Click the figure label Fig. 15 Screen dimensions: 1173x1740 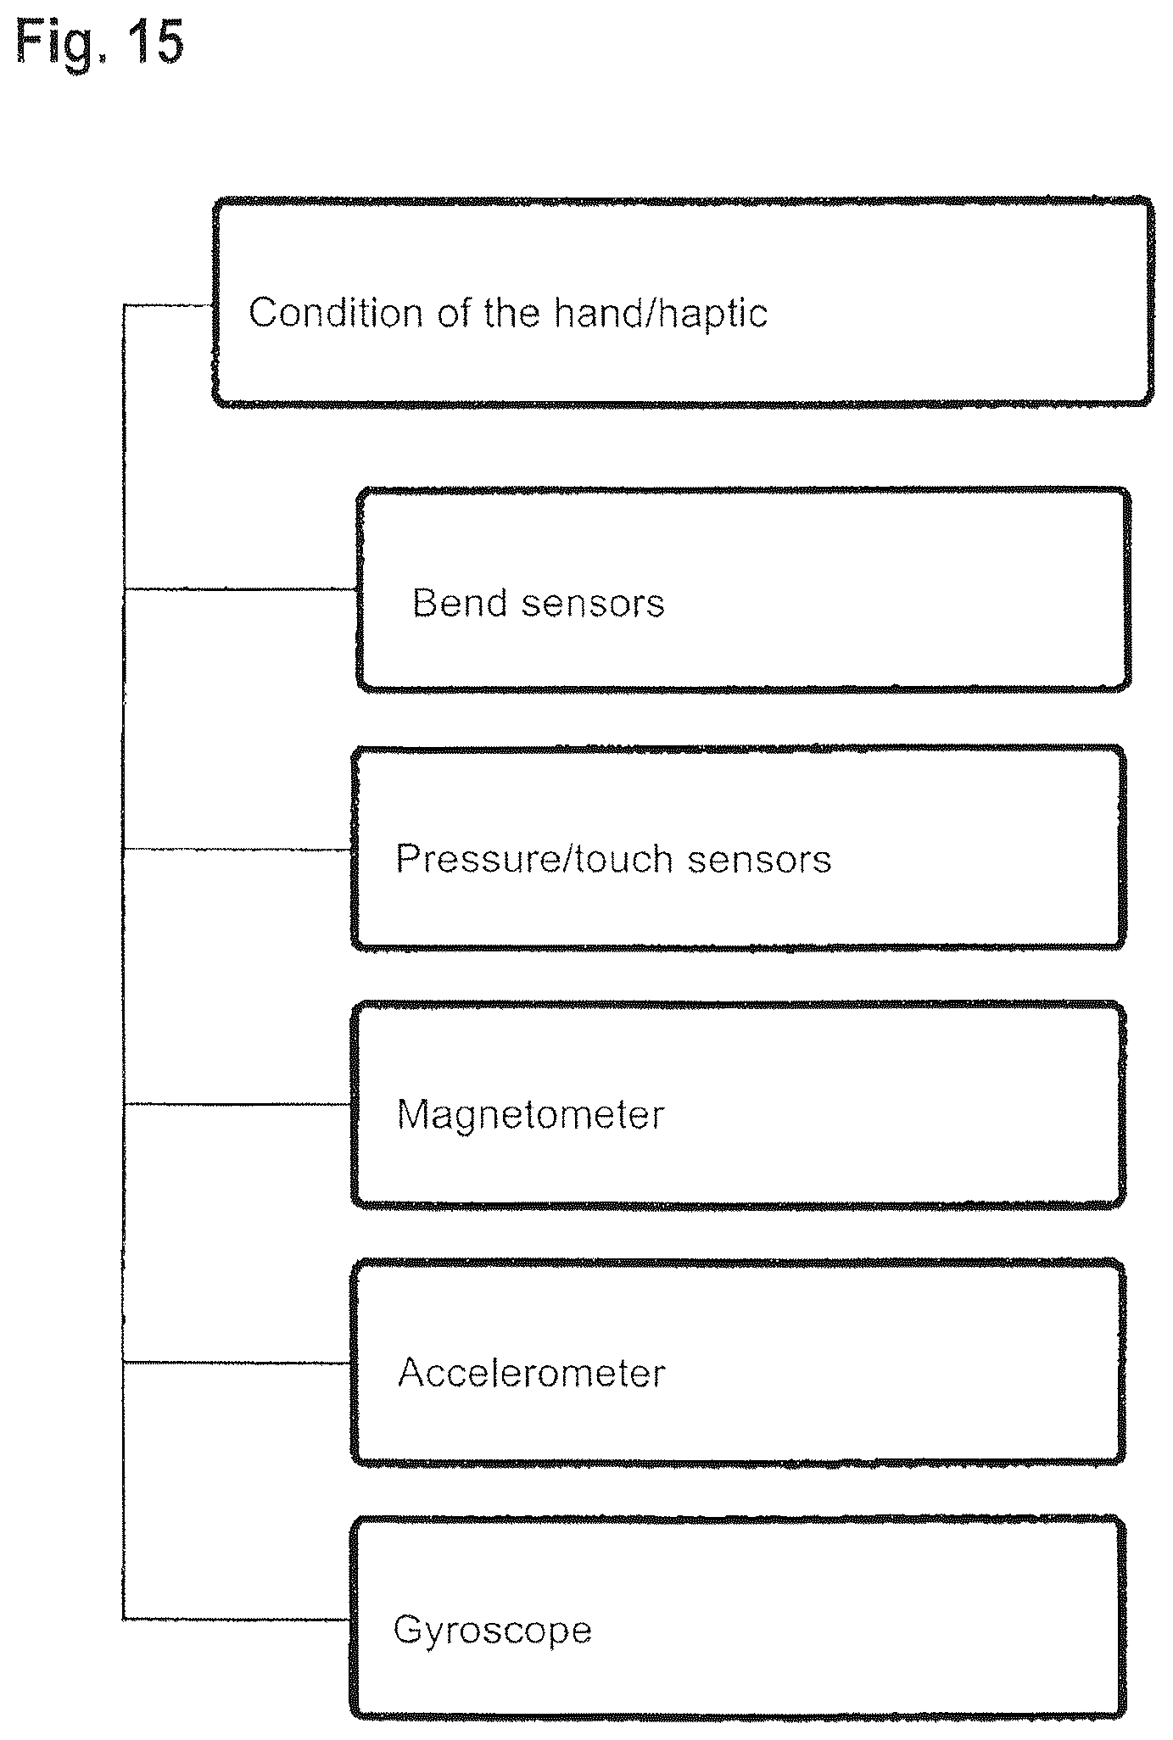99,42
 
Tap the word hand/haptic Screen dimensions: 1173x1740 661,314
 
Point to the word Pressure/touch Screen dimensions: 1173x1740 535,859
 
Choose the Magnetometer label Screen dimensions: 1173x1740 530,1114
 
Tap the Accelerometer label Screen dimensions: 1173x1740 531,1372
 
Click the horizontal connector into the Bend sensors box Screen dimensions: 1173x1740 241,589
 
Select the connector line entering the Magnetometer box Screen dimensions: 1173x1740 238,1104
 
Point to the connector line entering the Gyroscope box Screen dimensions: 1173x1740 238,1619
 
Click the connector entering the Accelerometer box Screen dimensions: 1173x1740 238,1362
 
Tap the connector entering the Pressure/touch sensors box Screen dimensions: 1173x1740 238,849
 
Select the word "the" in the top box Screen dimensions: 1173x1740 511,313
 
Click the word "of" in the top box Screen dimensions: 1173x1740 454,313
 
